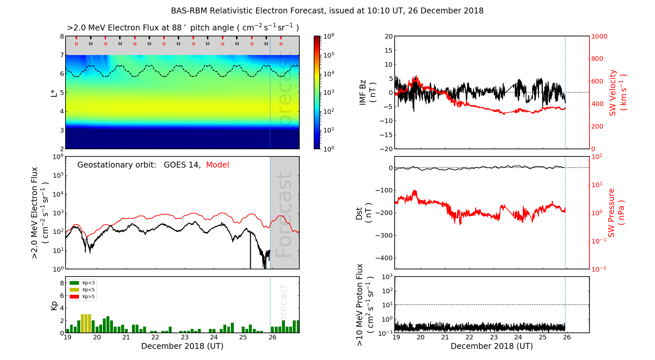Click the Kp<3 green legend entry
[x=82, y=283]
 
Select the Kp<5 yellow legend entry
[x=82, y=290]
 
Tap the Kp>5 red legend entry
[x=82, y=297]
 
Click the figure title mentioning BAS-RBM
[x=327, y=11]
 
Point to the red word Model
[x=217, y=165]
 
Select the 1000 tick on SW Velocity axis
[x=599, y=36]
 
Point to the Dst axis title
[x=364, y=213]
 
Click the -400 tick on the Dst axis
[x=384, y=258]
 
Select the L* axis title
[x=54, y=92]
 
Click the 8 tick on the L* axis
[x=62, y=36]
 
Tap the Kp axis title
[x=54, y=305]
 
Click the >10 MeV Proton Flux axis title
[x=364, y=305]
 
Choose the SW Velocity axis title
[x=617, y=92]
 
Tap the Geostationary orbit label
[x=117, y=165]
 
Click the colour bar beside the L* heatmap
[x=317, y=92]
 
